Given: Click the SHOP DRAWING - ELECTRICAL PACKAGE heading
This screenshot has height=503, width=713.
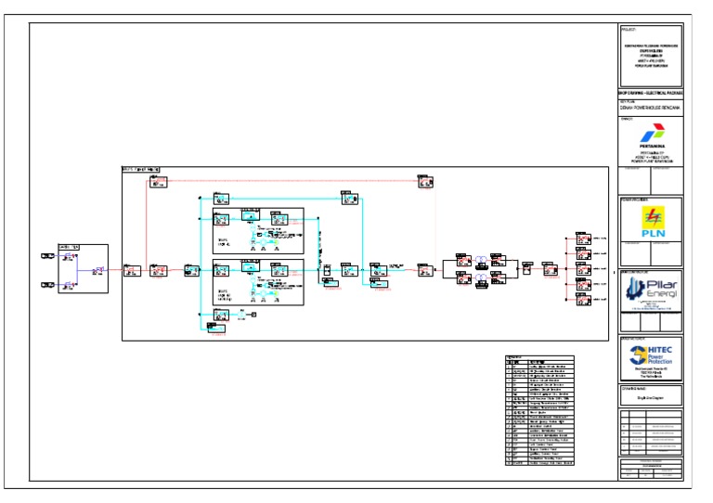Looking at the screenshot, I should pyautogui.click(x=650, y=93).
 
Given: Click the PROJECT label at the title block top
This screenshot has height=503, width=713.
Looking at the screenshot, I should pyautogui.click(x=628, y=30).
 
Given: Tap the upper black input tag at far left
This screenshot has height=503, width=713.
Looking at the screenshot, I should pyautogui.click(x=47, y=255).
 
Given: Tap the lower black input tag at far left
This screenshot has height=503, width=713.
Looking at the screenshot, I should pyautogui.click(x=47, y=285).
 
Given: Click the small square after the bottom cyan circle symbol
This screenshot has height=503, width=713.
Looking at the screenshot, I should pyautogui.click(x=253, y=316).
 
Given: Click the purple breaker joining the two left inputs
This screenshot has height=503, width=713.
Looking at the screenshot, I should pyautogui.click(x=100, y=270).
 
